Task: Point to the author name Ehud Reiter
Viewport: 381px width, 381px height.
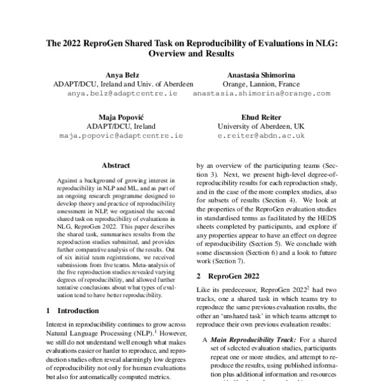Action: pyautogui.click(x=261, y=117)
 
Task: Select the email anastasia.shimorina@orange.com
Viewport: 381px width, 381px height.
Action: pyautogui.click(x=261, y=93)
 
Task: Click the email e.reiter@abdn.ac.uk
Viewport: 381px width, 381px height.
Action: pyautogui.click(x=261, y=135)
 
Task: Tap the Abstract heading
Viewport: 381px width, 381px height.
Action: pyautogui.click(x=116, y=165)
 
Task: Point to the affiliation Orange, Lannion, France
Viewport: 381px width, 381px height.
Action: pyautogui.click(x=261, y=83)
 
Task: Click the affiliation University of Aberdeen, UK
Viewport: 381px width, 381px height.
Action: pyautogui.click(x=261, y=126)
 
